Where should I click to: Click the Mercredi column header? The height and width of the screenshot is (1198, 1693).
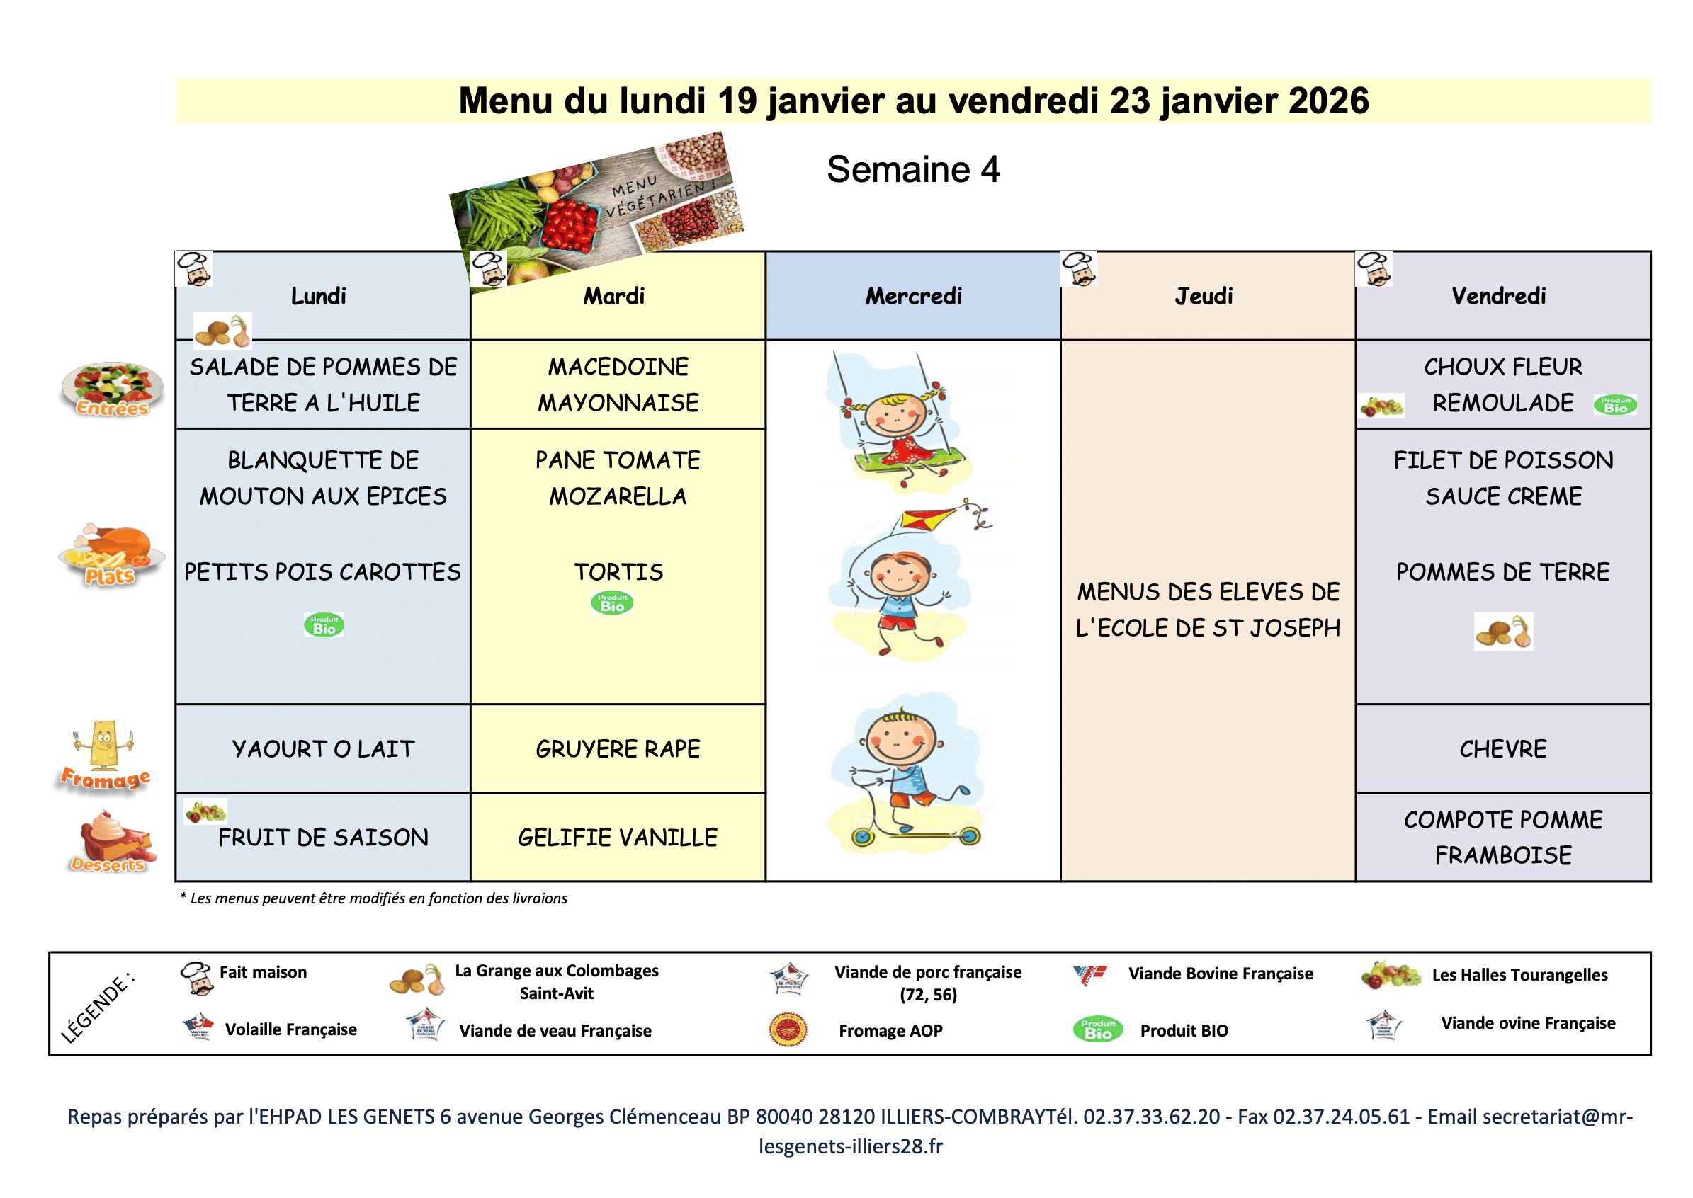pyautogui.click(x=913, y=296)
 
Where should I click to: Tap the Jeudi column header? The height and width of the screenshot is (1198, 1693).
pyautogui.click(x=1203, y=296)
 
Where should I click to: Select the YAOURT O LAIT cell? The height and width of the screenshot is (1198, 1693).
pyautogui.click(x=322, y=749)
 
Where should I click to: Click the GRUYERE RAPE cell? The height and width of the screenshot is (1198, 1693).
pyautogui.click(x=618, y=749)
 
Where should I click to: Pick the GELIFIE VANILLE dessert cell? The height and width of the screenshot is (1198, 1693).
pyautogui.click(x=618, y=838)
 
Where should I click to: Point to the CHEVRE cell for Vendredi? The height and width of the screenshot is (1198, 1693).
pyautogui.click(x=1502, y=749)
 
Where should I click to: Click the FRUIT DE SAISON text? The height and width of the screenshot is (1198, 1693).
pyautogui.click(x=322, y=838)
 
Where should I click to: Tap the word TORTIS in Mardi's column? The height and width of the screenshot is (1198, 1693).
pyautogui.click(x=618, y=571)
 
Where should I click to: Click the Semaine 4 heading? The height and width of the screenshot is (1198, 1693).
pyautogui.click(x=913, y=169)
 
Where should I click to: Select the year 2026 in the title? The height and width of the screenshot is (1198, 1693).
pyautogui.click(x=1326, y=101)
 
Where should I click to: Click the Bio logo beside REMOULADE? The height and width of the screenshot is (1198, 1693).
pyautogui.click(x=1615, y=404)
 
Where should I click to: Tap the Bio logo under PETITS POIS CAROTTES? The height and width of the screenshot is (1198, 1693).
pyautogui.click(x=323, y=624)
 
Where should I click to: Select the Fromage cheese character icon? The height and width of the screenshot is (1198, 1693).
pyautogui.click(x=104, y=745)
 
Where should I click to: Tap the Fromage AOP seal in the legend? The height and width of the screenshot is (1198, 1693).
pyautogui.click(x=788, y=1029)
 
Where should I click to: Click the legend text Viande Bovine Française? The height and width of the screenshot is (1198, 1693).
pyautogui.click(x=1220, y=973)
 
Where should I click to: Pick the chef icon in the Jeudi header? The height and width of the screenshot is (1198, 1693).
pyautogui.click(x=1078, y=268)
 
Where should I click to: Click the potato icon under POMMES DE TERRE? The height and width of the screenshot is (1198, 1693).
pyautogui.click(x=1502, y=632)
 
